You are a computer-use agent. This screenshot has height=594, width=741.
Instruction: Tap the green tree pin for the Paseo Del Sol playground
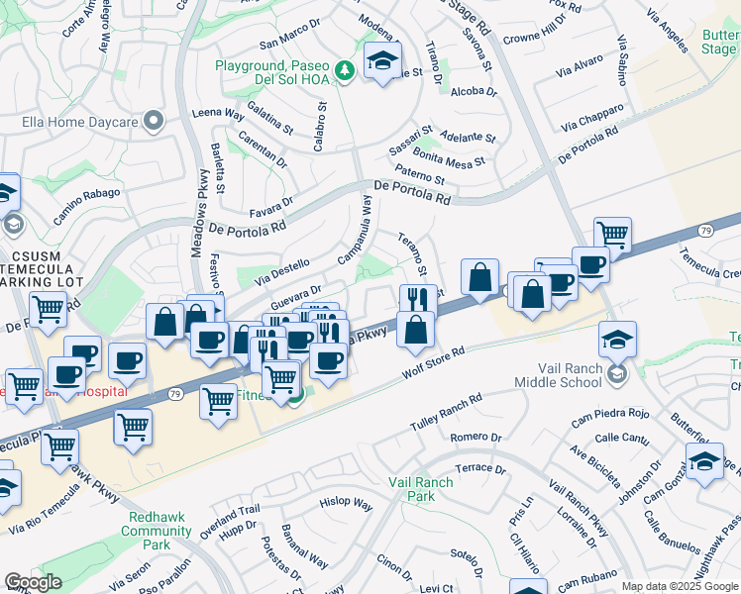344,69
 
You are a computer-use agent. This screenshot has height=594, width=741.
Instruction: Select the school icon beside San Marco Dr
382,61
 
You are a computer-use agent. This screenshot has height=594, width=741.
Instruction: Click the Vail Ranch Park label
420,489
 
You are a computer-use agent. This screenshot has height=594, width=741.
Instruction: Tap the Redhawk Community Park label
156,524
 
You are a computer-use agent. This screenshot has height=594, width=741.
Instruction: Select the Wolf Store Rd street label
434,364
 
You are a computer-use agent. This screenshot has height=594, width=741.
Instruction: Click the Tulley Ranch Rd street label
446,414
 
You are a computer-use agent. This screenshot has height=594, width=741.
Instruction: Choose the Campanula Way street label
355,229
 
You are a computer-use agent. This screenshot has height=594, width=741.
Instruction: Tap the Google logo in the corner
33,582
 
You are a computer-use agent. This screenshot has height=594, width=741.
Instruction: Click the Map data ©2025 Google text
680,586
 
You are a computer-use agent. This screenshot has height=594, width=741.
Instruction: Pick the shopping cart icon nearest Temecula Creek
613,235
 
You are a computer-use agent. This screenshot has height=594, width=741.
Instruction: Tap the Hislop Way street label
346,504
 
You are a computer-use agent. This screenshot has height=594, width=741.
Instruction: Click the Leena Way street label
218,114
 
